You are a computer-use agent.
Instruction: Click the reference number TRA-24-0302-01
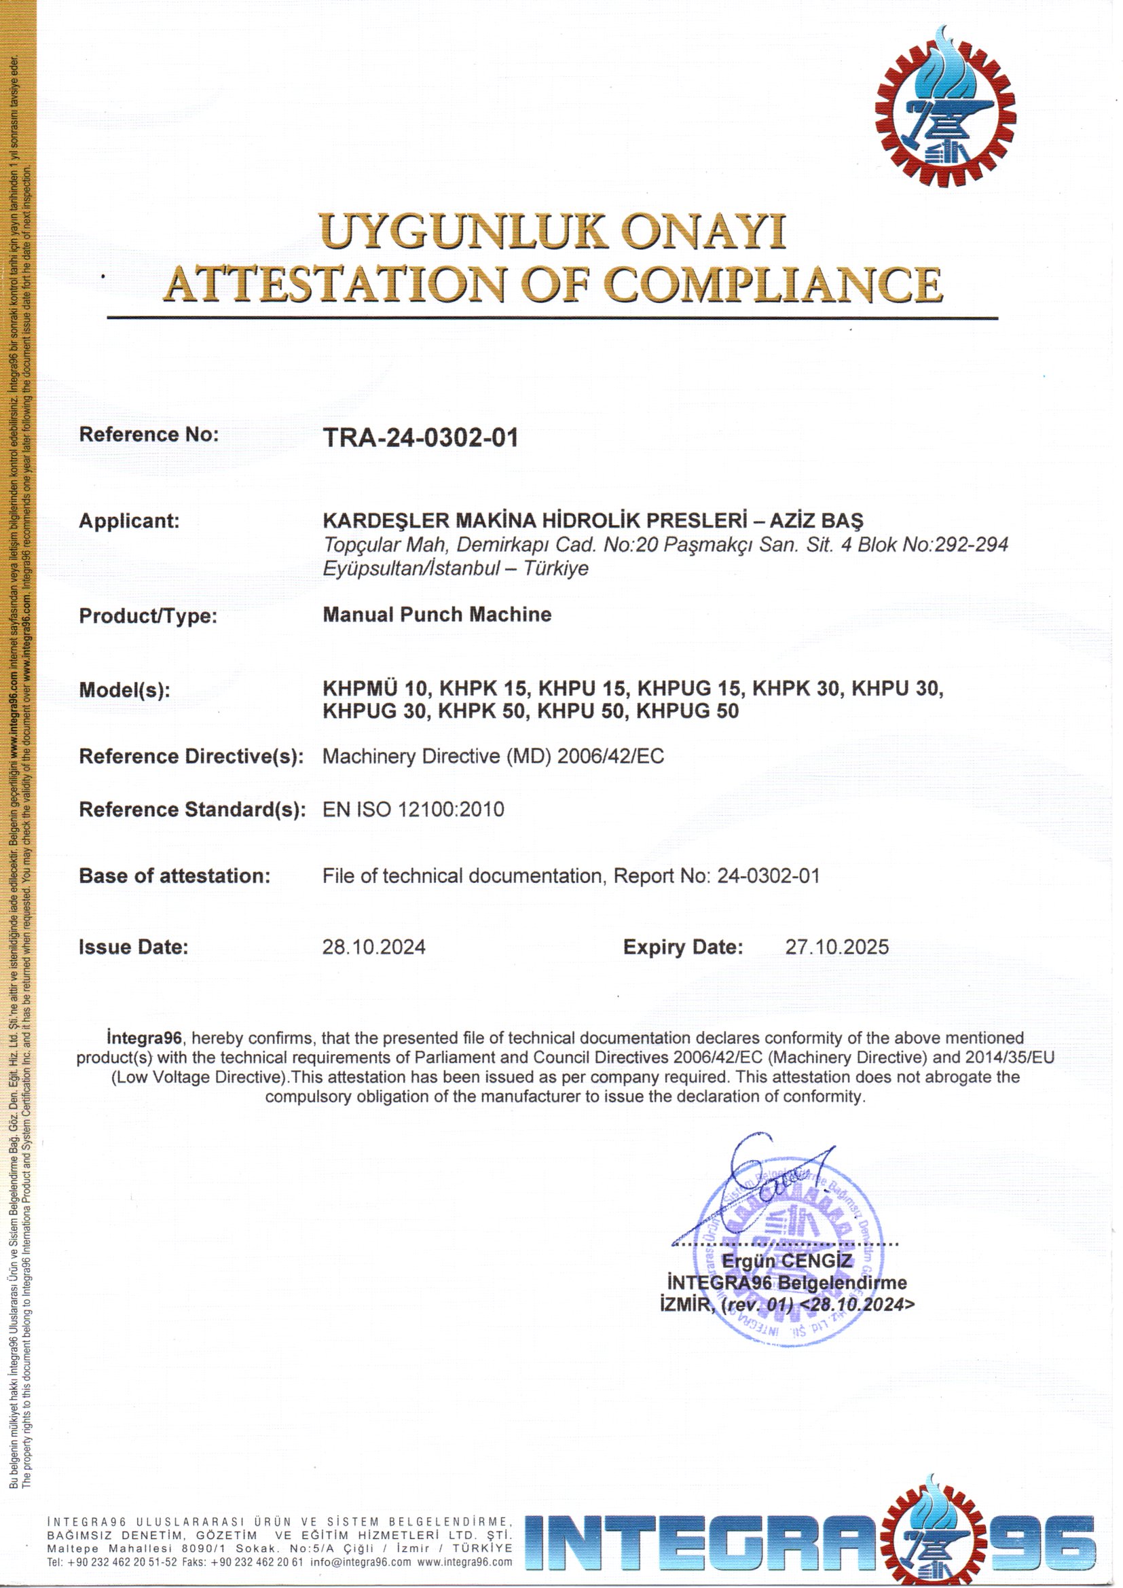pos(420,438)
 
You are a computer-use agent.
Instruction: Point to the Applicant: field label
pos(129,521)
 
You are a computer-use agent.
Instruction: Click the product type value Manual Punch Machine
pos(437,615)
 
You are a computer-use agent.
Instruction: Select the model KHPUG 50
pos(687,711)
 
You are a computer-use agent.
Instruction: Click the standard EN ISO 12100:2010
pos(413,809)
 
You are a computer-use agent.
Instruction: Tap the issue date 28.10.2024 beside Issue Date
pos(374,947)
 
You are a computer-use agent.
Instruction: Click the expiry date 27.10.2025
pos(836,947)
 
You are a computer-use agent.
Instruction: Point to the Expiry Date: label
pos(683,947)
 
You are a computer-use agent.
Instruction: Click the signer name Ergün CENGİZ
pos(787,1261)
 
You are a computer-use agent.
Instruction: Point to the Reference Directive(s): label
pos(191,757)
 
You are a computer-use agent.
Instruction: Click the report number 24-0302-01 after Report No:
pos(769,876)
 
